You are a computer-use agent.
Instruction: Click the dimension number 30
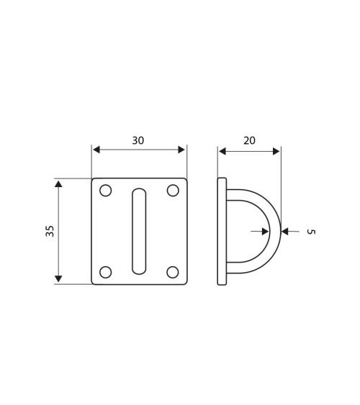coord(138,140)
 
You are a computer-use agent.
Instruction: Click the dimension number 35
coord(50,231)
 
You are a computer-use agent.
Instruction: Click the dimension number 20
coord(249,140)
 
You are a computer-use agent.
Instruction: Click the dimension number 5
coord(310,232)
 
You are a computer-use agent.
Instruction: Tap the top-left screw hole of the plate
coord(106,191)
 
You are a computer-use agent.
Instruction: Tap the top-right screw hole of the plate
coord(173,191)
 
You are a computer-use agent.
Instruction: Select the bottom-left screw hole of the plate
coord(106,272)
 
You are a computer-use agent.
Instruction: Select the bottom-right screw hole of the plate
coord(173,272)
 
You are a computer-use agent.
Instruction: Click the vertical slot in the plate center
coord(139,231)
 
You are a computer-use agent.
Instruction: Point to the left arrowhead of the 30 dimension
coord(96,150)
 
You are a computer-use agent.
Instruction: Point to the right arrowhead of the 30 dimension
coord(182,150)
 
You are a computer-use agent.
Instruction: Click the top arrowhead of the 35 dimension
coord(59,183)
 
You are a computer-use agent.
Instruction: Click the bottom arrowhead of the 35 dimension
coord(59,279)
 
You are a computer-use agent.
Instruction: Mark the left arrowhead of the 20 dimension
coord(222,150)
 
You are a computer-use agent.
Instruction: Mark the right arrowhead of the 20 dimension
coord(276,150)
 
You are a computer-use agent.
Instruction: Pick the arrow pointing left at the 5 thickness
coord(287,232)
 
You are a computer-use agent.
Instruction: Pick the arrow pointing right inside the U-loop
coord(266,232)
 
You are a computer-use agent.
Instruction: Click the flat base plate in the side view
coord(222,231)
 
